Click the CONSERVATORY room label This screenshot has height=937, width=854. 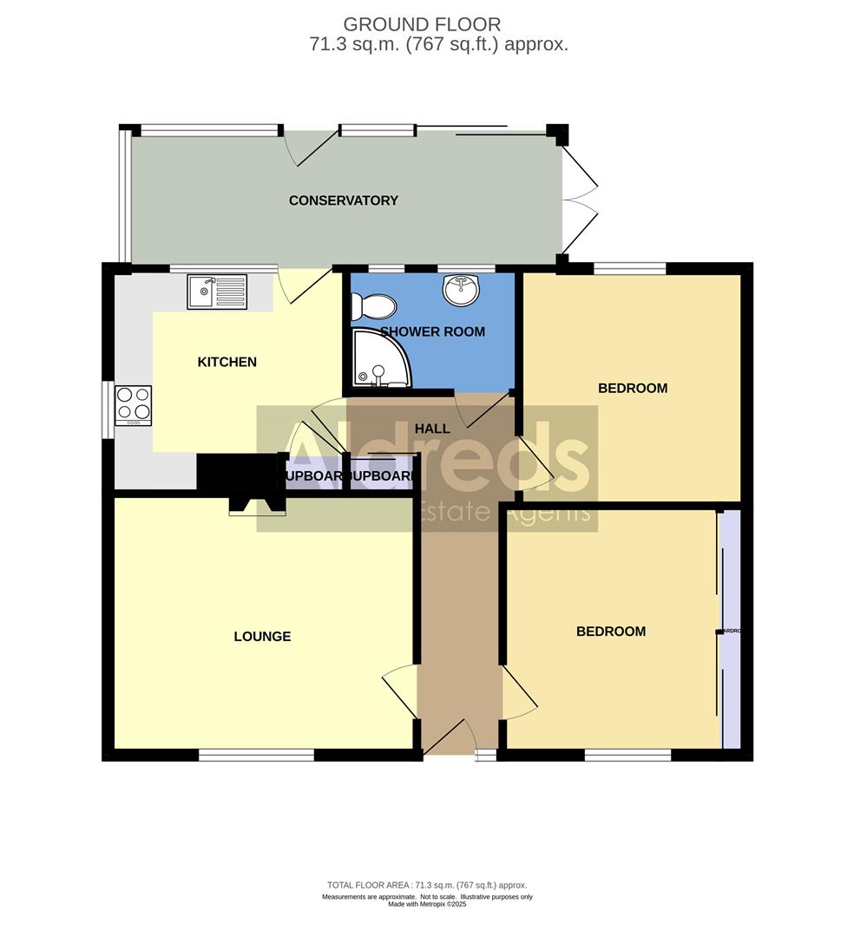click(x=343, y=200)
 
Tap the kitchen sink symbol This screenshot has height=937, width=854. click(x=216, y=292)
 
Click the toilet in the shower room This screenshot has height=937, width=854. click(x=372, y=305)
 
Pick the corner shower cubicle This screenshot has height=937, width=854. click(x=379, y=364)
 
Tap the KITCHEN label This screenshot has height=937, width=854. click(x=227, y=362)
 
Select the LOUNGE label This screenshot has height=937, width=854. click(x=262, y=636)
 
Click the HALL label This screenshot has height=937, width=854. click(x=432, y=429)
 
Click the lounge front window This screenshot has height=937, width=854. click(x=256, y=756)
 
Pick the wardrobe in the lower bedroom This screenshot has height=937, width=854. click(x=731, y=630)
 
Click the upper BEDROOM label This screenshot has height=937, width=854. click(x=633, y=388)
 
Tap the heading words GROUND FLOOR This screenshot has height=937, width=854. click(x=422, y=24)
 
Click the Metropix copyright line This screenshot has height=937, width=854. click(x=427, y=904)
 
